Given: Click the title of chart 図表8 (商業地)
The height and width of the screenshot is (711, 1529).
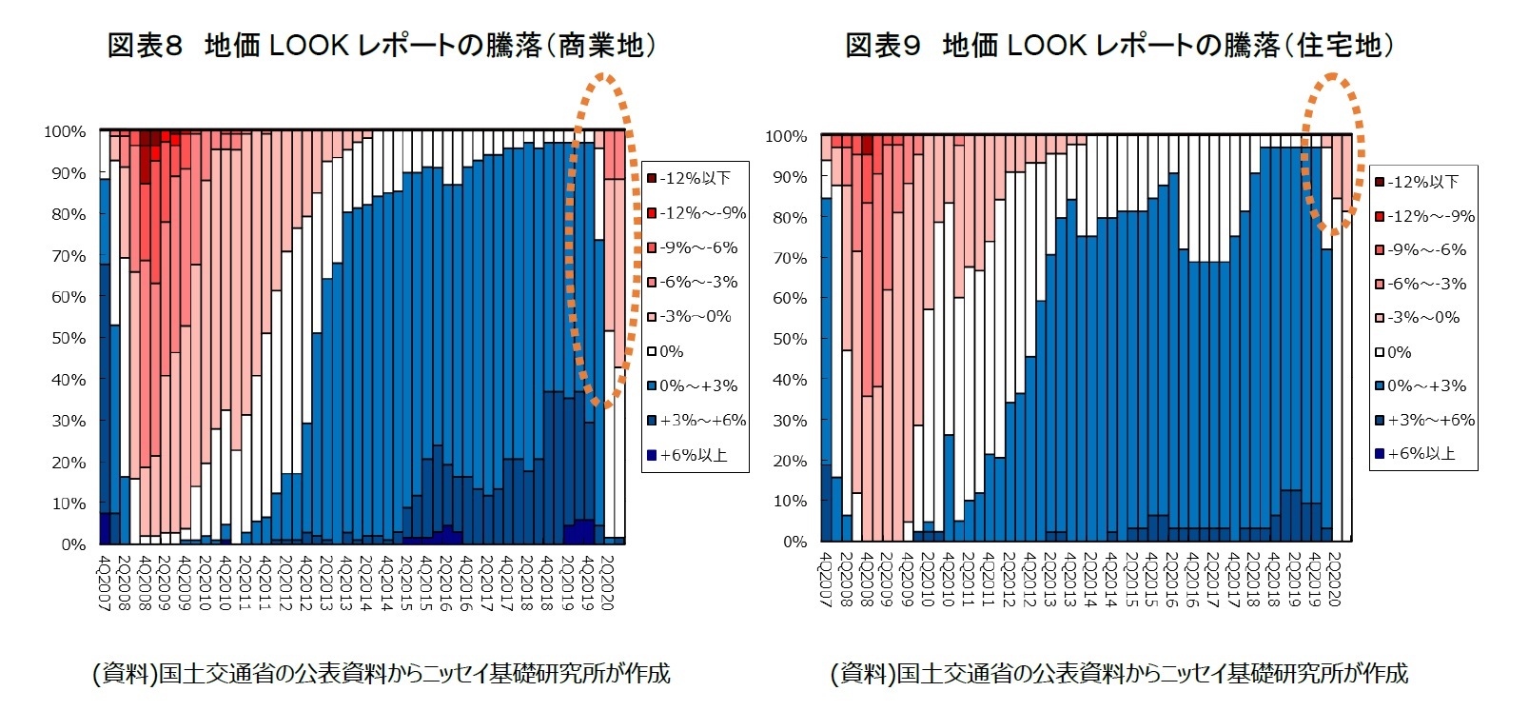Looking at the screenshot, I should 381,45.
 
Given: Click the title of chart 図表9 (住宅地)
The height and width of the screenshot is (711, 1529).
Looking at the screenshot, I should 1120,45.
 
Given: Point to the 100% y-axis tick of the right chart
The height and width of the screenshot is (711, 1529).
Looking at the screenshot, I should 786,136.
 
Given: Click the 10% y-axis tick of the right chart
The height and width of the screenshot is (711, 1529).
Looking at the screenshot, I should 790,501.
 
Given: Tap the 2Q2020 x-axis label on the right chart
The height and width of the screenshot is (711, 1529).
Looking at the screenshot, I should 1333,579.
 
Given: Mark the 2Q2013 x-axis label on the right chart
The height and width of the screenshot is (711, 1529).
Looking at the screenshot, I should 1049,579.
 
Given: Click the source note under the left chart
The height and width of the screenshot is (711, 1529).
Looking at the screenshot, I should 381,674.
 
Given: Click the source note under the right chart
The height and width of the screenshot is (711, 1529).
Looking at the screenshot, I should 1119,674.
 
